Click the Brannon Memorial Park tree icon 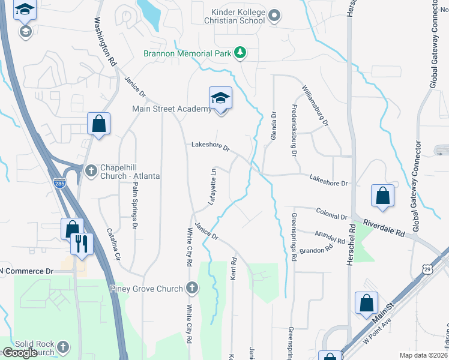(240, 53)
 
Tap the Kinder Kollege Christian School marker (274, 15)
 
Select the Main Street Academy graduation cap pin (220, 98)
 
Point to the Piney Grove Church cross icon (191, 289)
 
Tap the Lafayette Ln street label (212, 187)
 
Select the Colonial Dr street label (331, 215)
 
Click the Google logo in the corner (20, 352)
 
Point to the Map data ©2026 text (423, 355)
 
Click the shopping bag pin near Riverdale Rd (382, 196)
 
